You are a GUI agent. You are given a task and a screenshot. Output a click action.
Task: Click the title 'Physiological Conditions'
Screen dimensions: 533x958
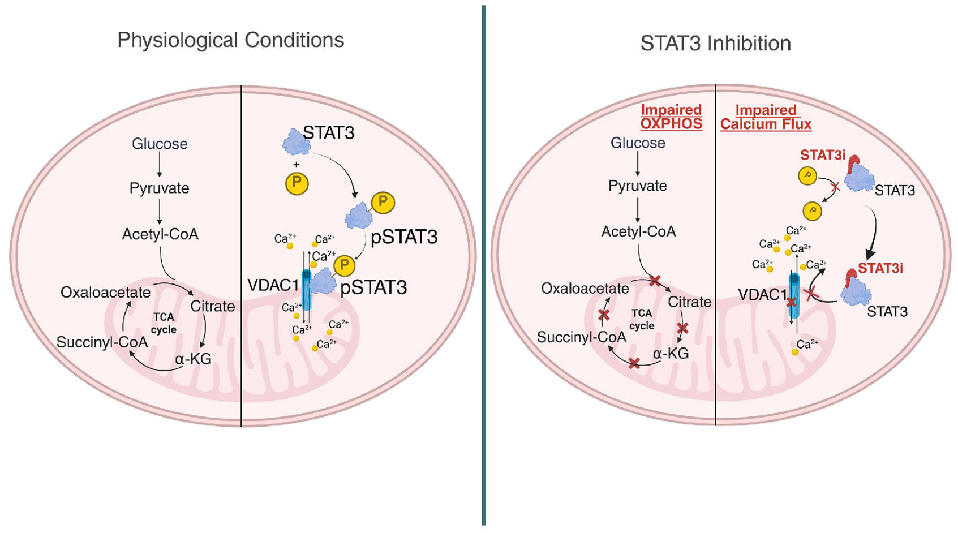pyautogui.click(x=230, y=41)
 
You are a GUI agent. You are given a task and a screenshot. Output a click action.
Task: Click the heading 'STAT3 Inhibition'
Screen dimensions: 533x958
pyautogui.click(x=715, y=44)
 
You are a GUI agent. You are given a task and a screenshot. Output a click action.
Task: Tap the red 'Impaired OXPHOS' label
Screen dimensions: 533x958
pyautogui.click(x=671, y=117)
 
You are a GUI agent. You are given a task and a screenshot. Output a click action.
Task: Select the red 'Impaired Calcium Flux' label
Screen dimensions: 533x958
pyautogui.click(x=766, y=117)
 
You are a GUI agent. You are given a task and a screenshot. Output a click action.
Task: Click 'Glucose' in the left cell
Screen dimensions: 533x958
pyautogui.click(x=160, y=144)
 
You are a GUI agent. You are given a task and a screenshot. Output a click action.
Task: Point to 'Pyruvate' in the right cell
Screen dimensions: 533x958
pyautogui.click(x=638, y=186)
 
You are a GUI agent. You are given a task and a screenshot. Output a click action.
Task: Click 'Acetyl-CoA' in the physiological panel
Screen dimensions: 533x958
pyautogui.click(x=160, y=234)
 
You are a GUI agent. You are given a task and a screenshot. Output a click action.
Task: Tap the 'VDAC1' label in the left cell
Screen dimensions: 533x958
pyautogui.click(x=273, y=285)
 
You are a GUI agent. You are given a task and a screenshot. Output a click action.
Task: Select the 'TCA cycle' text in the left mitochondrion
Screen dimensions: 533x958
pyautogui.click(x=164, y=323)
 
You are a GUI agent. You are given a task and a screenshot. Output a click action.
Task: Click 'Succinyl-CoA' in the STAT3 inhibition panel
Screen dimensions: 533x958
pyautogui.click(x=581, y=337)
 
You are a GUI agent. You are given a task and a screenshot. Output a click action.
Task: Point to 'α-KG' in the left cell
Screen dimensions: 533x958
pyautogui.click(x=193, y=359)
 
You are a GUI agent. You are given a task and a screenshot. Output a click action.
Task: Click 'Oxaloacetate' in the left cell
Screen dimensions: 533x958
pyautogui.click(x=105, y=293)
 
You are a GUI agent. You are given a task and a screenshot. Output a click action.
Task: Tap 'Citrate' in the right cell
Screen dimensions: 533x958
pyautogui.click(x=689, y=302)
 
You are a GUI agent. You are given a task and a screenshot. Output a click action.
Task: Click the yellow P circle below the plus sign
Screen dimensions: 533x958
pyautogui.click(x=297, y=184)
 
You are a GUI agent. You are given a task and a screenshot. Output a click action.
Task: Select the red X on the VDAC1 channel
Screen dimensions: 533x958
pyautogui.click(x=792, y=302)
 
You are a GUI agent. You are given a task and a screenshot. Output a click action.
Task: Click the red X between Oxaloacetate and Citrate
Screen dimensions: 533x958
pyautogui.click(x=655, y=281)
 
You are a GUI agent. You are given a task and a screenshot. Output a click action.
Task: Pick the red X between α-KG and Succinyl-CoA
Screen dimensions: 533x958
pyautogui.click(x=634, y=364)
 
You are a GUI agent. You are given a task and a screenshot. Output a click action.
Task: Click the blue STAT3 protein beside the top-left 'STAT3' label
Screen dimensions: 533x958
pyautogui.click(x=297, y=141)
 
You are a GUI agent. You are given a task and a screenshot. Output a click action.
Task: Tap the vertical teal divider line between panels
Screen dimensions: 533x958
pyautogui.click(x=484, y=266)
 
